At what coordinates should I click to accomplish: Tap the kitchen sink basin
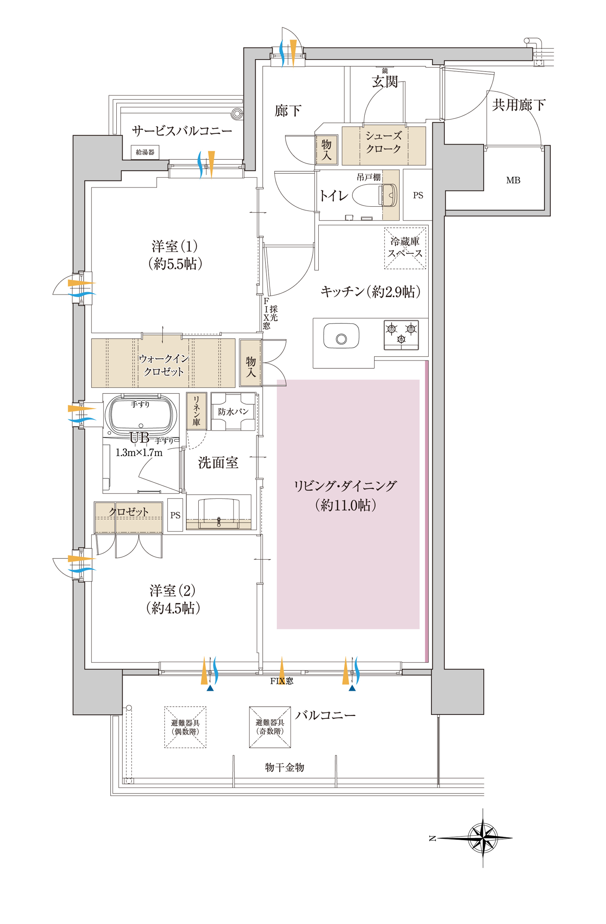point(341,336)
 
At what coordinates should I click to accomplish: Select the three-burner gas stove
point(401,335)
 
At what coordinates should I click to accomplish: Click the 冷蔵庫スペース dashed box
point(405,248)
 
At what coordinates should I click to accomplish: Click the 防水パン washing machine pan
point(233,412)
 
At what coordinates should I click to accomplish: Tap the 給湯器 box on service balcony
point(145,152)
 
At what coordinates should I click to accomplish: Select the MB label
point(513,181)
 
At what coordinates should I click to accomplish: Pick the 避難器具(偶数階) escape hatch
point(185,727)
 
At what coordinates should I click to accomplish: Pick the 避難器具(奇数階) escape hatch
point(270,727)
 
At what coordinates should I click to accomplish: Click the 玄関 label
point(385,82)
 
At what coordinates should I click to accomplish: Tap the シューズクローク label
point(383,142)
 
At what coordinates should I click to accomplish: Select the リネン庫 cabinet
point(196,411)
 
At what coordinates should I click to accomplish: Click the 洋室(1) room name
point(175,246)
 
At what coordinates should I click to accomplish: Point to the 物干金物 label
point(284,767)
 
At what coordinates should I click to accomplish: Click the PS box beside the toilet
point(418,195)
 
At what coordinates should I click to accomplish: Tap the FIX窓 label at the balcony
point(282,681)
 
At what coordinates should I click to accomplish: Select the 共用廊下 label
point(519,105)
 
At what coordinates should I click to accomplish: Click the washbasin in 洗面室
point(219,513)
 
